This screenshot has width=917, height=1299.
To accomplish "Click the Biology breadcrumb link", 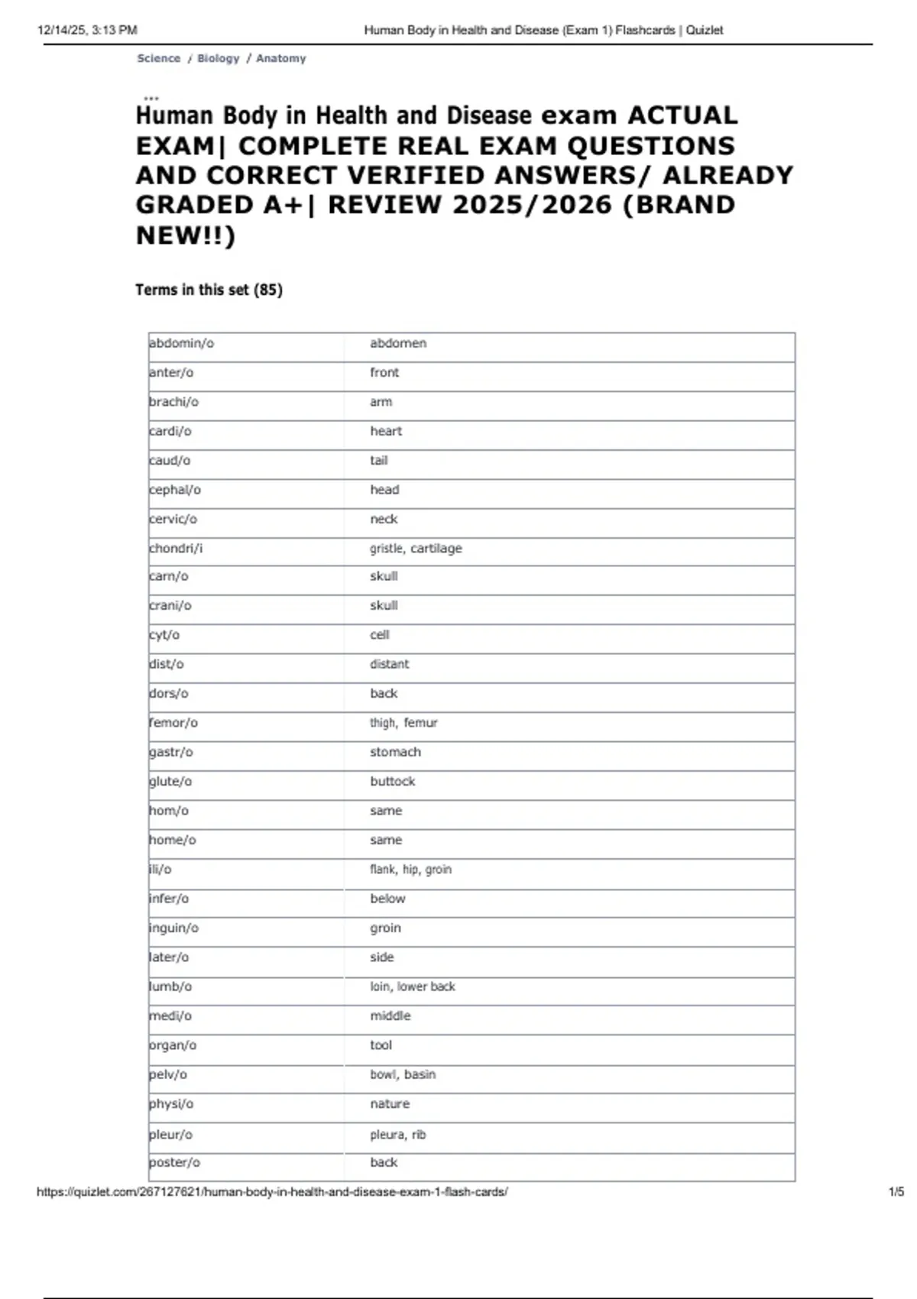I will (x=219, y=59).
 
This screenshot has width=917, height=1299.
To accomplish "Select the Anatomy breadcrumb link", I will (x=281, y=59).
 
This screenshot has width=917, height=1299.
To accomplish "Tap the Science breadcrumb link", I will (x=159, y=59).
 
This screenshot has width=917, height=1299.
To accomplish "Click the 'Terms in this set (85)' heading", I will (x=209, y=290).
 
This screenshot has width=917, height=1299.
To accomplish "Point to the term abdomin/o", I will (x=182, y=344).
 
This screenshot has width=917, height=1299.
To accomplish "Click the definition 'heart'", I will (x=386, y=432).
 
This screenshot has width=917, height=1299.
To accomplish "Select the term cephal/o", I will (x=175, y=490).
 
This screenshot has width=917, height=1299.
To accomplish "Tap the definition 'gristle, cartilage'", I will (x=416, y=549).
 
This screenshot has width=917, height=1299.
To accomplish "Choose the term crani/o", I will (x=170, y=606).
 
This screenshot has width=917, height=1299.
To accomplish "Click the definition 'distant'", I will (x=390, y=665).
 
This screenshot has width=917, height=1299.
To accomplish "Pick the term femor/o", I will (x=173, y=723).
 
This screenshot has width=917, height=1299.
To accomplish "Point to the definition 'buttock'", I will (x=393, y=782).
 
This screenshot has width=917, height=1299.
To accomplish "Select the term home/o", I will (x=173, y=841).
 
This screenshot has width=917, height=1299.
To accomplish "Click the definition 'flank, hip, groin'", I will (x=410, y=870).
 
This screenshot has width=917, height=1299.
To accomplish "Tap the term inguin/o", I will (x=174, y=928).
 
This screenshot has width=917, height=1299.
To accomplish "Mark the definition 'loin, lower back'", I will (x=413, y=987).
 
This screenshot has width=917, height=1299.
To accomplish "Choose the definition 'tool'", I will (x=381, y=1045).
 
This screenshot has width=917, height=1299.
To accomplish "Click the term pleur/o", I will (x=171, y=1135).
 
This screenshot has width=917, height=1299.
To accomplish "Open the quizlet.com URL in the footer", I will (x=272, y=1192).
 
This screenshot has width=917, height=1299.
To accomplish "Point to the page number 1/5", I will (x=896, y=1192).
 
